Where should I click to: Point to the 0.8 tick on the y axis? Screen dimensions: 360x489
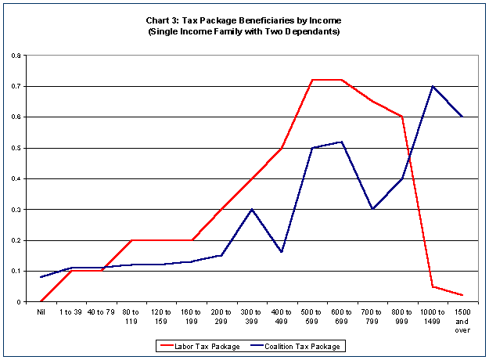pos(16,56)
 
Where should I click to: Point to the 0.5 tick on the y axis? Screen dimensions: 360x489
pos(16,148)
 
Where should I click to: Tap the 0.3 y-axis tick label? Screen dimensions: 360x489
pos(16,210)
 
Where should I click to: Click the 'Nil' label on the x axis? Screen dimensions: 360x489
pos(41,312)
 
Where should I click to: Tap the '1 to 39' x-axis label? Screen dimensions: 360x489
pos(70,312)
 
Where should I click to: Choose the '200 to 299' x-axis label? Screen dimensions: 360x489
pos(221,316)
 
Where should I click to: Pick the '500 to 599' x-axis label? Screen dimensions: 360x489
pos(311,316)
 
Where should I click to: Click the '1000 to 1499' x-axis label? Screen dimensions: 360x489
pos(432,316)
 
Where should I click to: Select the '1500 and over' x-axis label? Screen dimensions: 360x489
pos(462,320)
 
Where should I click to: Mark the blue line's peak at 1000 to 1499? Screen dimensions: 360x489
pos(432,86)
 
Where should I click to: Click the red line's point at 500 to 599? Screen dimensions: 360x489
pos(311,80)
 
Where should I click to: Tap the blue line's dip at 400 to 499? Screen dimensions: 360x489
pos(282,252)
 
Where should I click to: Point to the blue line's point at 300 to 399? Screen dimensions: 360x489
pos(251,209)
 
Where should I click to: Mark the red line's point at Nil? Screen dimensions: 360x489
pos(41,301)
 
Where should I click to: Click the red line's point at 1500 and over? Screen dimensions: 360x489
pos(462,295)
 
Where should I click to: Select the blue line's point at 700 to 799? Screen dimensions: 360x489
pos(372,209)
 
